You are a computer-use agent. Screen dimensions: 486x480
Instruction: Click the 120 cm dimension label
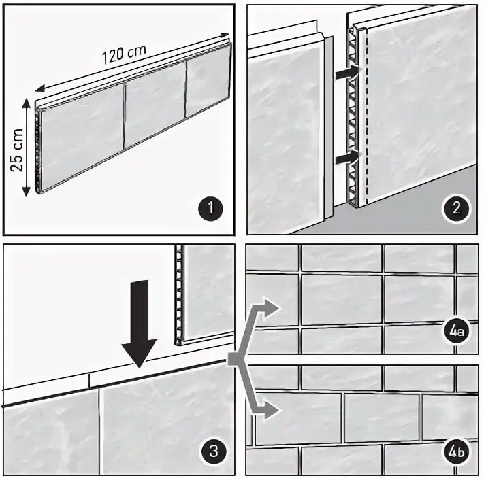(124, 54)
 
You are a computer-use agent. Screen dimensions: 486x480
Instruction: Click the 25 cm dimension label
(17, 150)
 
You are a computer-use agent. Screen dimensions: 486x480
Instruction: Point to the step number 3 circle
(214, 451)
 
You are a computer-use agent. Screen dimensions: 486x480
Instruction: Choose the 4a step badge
(457, 332)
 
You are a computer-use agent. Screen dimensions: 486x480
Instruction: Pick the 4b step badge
(457, 451)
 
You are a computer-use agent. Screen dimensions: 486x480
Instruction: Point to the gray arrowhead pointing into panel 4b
(271, 411)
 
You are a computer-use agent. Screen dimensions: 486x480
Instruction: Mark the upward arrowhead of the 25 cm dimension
(27, 104)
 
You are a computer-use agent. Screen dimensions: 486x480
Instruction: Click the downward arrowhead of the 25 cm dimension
(27, 191)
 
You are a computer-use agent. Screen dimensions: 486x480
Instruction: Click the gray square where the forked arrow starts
(234, 359)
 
